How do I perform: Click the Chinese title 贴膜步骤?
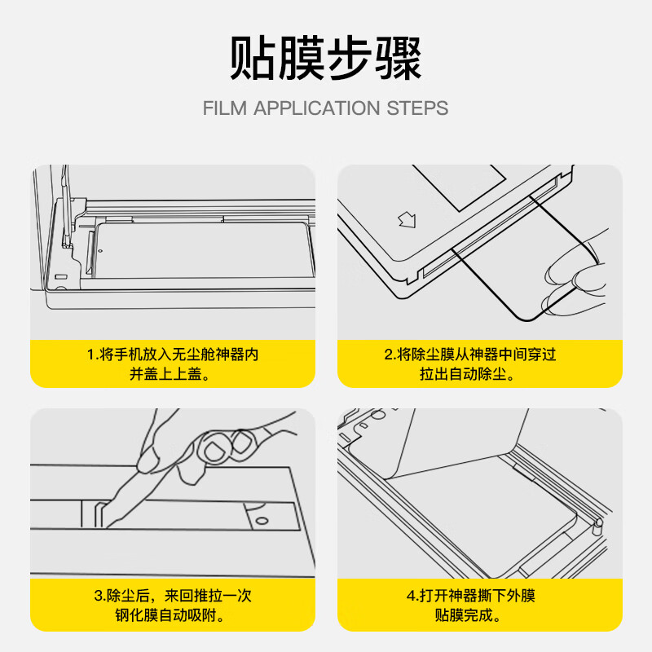[x=325, y=59]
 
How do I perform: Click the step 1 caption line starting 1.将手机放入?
[x=172, y=355]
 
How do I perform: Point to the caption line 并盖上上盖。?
[x=172, y=375]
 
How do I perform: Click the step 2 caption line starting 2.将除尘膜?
[x=480, y=355]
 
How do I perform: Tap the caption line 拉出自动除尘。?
[x=480, y=375]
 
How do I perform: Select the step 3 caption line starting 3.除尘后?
[x=172, y=596]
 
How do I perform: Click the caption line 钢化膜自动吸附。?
[x=172, y=615]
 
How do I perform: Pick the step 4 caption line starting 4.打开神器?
[x=480, y=596]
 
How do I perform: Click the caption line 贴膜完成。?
[x=480, y=615]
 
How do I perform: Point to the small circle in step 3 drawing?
[x=261, y=520]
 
